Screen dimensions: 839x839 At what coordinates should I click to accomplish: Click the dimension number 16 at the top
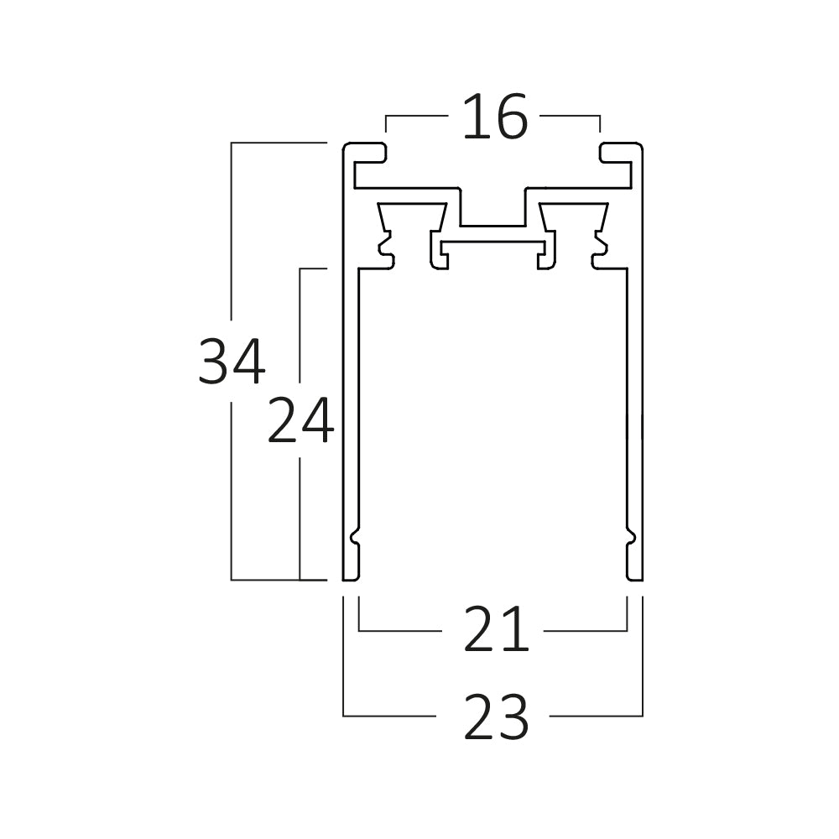(495, 118)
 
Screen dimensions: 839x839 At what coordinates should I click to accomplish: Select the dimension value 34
(232, 362)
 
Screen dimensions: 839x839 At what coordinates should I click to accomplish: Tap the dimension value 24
(300, 421)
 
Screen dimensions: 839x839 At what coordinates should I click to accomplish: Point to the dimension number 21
(496, 630)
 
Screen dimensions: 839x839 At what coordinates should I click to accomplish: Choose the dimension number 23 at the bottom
(496, 717)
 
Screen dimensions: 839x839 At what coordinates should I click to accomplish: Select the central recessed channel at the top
(492, 214)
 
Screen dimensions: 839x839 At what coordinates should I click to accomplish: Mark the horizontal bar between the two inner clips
(493, 242)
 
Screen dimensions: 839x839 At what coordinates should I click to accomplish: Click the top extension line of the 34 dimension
(277, 143)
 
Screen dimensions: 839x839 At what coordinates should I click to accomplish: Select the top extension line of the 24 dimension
(312, 268)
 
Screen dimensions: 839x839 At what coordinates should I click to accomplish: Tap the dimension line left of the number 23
(390, 716)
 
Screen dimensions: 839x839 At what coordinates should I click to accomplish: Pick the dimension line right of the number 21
(586, 630)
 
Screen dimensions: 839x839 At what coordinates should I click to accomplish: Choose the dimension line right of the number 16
(571, 116)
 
